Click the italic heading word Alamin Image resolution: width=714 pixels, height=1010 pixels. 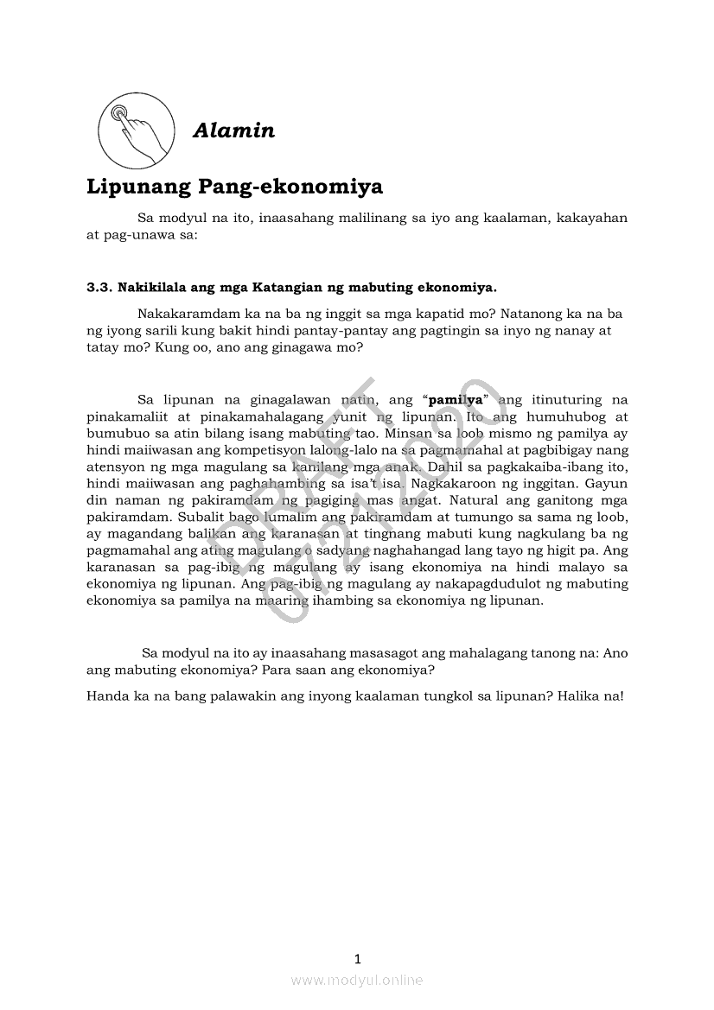pyautogui.click(x=233, y=130)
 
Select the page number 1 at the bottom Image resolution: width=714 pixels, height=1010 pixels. pyautogui.click(x=357, y=958)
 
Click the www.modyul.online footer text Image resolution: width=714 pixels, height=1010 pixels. pyautogui.click(x=357, y=980)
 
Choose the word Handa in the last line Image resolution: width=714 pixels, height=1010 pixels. pyautogui.click(x=106, y=695)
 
